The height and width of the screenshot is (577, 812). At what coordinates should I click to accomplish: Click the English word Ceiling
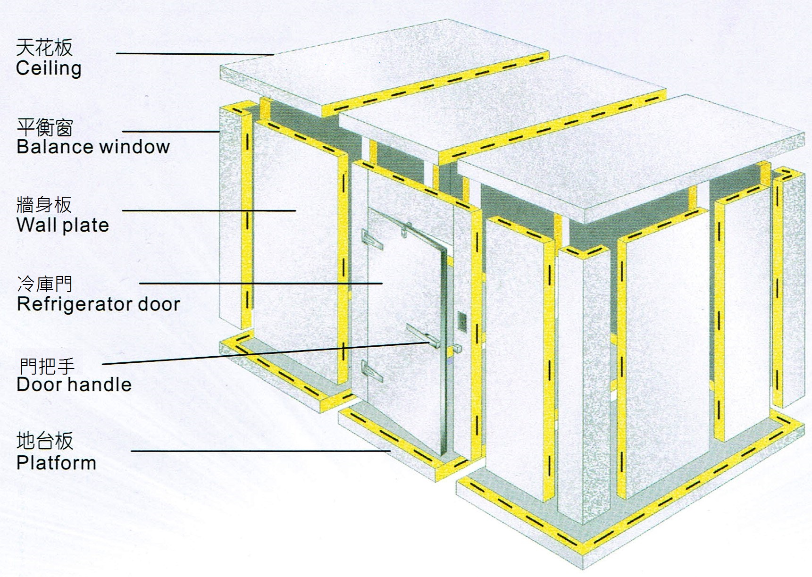[49, 68]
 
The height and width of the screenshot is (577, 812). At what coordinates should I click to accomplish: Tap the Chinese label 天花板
[44, 48]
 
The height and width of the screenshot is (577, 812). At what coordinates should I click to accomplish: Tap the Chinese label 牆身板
[44, 205]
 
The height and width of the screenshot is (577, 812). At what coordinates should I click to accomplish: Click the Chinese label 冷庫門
[45, 284]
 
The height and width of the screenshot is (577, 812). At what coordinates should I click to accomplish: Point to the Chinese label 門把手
[47, 366]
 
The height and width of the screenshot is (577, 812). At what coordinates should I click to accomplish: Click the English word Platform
[56, 463]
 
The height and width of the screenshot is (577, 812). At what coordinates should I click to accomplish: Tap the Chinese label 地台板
[45, 441]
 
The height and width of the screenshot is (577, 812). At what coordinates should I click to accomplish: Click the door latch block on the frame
[456, 348]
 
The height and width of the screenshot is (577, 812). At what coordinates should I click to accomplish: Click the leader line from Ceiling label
[195, 54]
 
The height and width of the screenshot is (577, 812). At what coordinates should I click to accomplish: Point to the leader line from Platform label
[261, 451]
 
